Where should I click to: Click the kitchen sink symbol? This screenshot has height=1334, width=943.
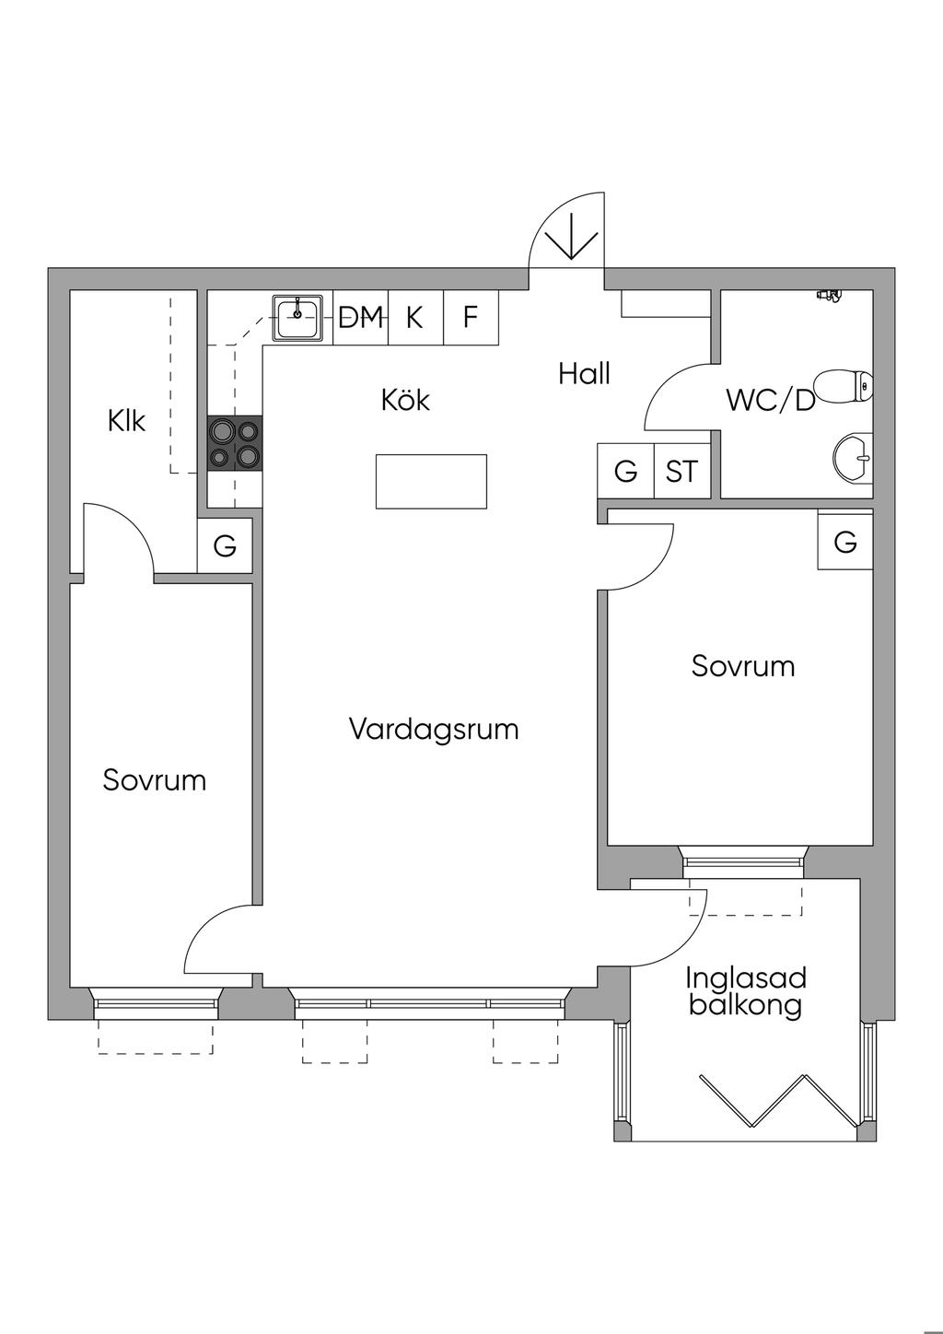[x=297, y=318]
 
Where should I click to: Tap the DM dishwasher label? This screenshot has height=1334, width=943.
[x=360, y=318]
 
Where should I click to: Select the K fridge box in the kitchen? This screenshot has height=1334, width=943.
[x=415, y=318]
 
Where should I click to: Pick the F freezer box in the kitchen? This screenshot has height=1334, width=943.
[x=471, y=318]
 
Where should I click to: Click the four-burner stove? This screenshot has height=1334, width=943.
[x=235, y=443]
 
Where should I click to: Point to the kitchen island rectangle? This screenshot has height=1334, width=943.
[x=431, y=481]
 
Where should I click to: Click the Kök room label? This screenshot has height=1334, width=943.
[x=405, y=400]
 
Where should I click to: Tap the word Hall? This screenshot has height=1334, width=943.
[x=584, y=374]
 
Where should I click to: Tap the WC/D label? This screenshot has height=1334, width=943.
[x=771, y=401]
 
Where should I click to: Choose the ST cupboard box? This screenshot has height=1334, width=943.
[x=681, y=472]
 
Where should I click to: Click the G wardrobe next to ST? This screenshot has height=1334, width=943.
[x=625, y=472]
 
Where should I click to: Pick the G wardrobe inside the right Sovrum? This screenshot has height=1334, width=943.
[x=845, y=542]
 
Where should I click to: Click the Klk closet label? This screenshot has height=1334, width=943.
[x=126, y=421]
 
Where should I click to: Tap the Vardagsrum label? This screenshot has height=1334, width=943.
[x=434, y=730]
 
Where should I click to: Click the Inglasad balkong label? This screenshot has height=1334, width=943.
[x=746, y=990]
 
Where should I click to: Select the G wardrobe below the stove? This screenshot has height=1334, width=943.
[x=225, y=546]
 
